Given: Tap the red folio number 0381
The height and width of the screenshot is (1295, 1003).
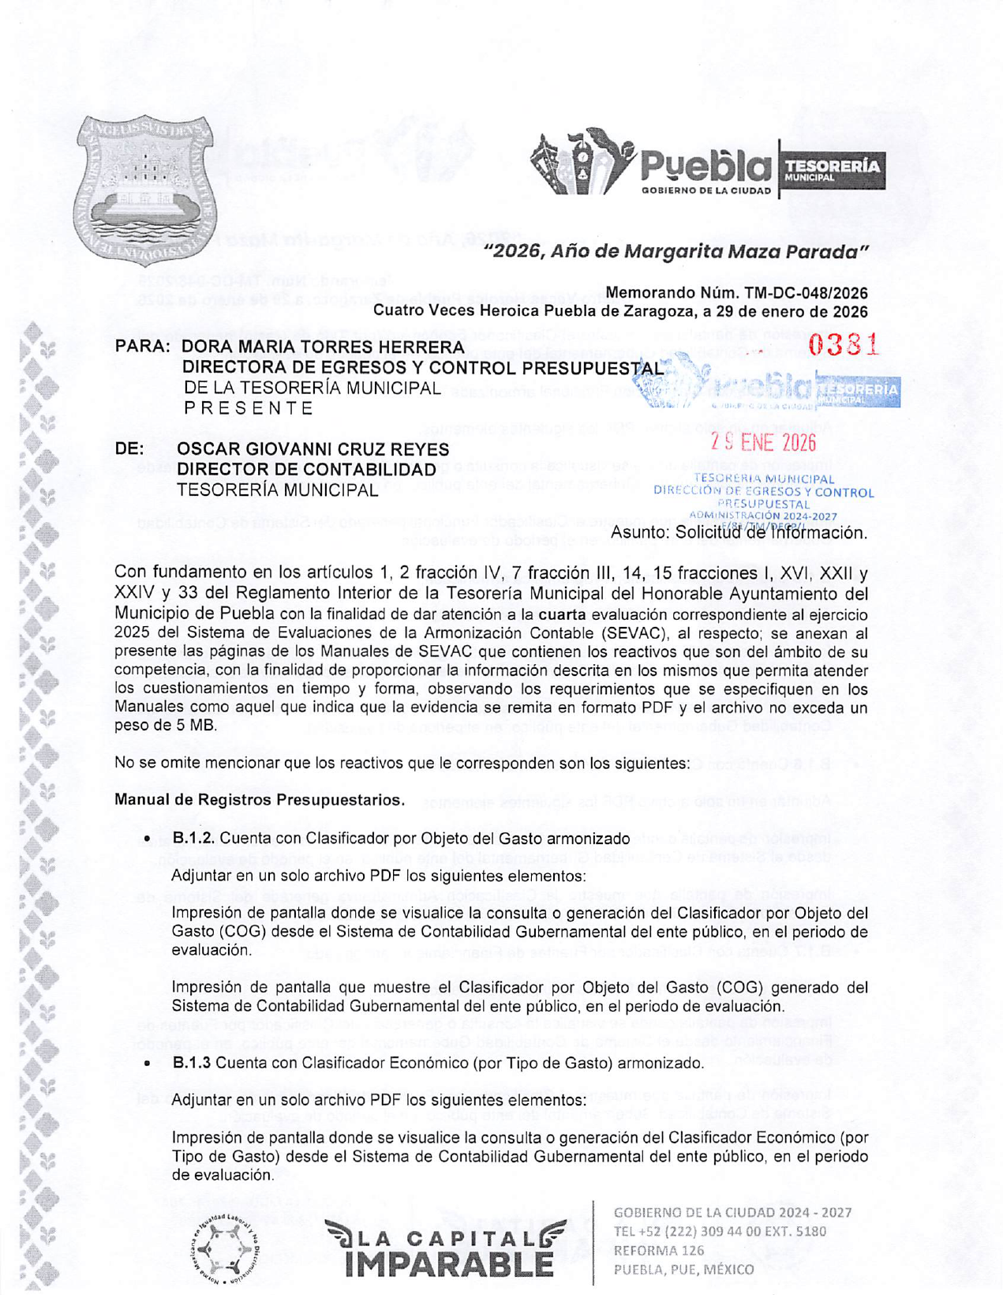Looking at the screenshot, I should (843, 345).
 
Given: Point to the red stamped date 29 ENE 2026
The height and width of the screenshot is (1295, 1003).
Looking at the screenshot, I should (763, 442).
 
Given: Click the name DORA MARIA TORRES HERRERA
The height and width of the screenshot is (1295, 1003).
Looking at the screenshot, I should (323, 347).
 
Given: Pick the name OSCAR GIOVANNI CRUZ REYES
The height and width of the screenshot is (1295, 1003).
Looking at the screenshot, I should (313, 449).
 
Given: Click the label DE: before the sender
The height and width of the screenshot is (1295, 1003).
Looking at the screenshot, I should (129, 449).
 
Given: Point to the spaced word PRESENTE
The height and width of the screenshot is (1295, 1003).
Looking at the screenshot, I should (249, 408).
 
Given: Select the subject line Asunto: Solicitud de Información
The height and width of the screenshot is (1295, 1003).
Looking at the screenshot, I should (739, 533).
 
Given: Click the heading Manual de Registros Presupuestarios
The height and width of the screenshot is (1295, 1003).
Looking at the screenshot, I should (260, 800).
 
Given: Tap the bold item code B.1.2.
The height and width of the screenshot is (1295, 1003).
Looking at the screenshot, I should (193, 839).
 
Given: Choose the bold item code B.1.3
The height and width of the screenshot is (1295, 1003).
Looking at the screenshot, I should (192, 1063).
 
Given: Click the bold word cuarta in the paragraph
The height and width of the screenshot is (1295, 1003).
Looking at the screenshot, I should (562, 614).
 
